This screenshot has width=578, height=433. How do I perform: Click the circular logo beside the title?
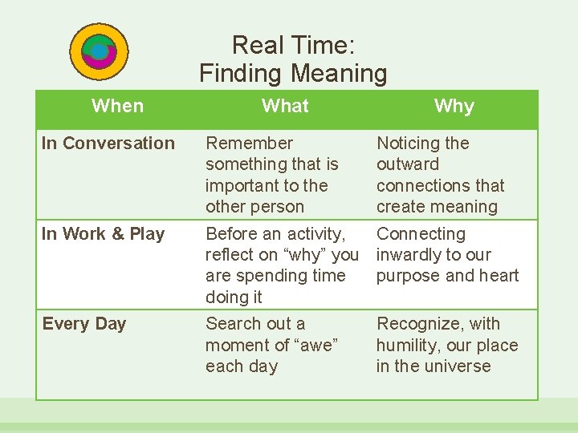[100, 52]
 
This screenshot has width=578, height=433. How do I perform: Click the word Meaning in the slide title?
[339, 74]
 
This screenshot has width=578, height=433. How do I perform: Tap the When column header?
[118, 106]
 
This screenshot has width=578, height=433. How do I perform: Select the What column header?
[285, 106]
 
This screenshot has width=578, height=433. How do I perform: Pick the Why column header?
[454, 106]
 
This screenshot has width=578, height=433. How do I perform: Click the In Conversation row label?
[108, 144]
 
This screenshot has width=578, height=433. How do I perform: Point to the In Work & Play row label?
[104, 234]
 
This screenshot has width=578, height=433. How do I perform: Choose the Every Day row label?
[84, 324]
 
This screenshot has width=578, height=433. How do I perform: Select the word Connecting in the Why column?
[421, 234]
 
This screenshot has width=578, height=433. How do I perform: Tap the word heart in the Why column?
[499, 276]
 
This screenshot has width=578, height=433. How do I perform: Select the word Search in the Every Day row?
[231, 324]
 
